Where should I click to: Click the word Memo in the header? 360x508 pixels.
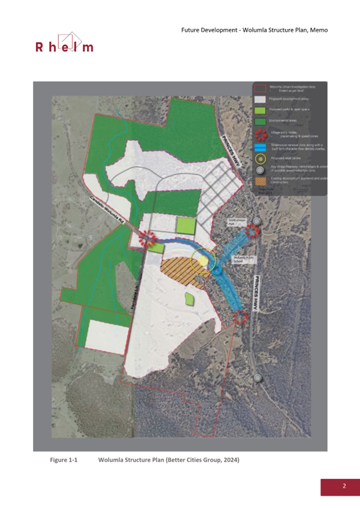pos(318,29)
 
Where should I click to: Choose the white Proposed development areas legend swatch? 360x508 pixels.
pos(260,99)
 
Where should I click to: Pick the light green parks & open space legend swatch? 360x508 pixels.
pos(260,110)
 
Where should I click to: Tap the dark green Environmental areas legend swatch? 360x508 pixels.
pos(260,122)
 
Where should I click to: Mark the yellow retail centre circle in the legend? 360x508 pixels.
pos(260,158)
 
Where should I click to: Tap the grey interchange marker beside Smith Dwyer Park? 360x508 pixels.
pos(258,221)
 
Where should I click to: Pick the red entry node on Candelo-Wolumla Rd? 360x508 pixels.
pos(147,238)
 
